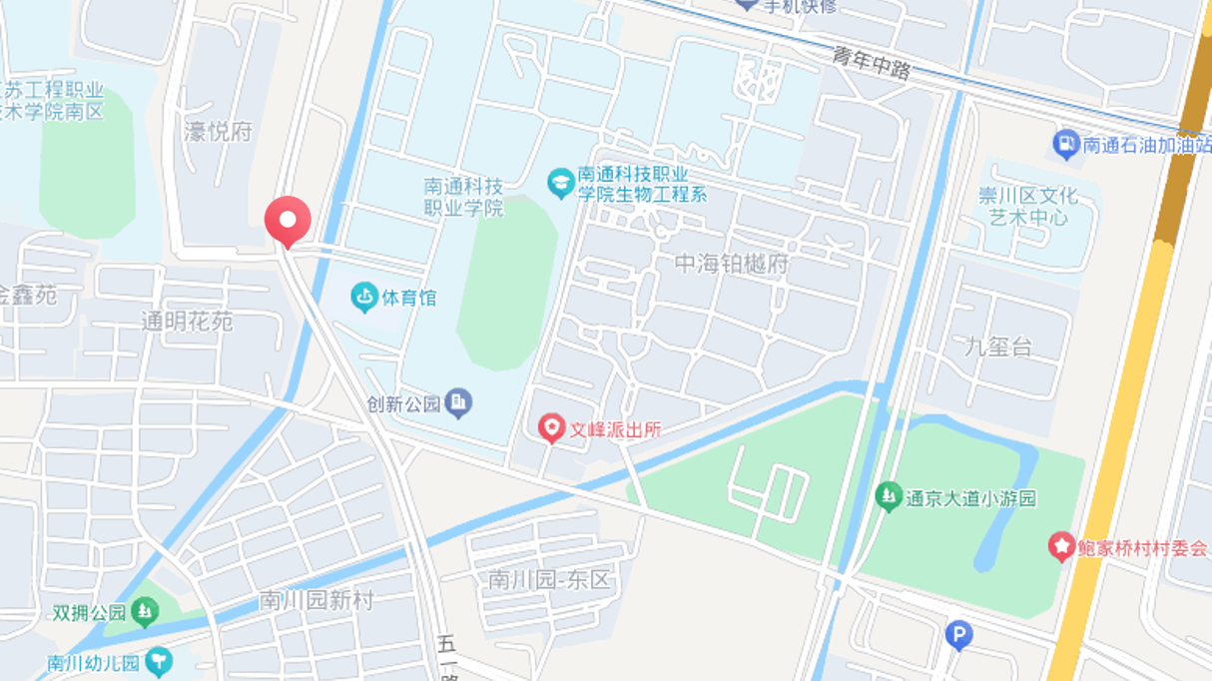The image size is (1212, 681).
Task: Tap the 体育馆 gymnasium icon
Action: [364, 298]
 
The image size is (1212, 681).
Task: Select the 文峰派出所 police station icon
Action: [550, 429]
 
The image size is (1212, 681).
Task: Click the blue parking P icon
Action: [958, 635]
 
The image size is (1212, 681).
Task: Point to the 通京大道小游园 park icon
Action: [889, 496]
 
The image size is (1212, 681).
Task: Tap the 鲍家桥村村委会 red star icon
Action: [1060, 547]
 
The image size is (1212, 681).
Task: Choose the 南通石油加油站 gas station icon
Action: [1066, 145]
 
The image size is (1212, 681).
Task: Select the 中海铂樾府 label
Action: [732, 265]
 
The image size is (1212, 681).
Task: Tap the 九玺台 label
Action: [998, 346]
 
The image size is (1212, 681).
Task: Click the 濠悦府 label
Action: [219, 131]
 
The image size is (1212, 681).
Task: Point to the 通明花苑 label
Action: [187, 322]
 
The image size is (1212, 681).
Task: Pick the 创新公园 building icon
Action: [458, 403]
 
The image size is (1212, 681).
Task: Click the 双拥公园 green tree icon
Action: [146, 611]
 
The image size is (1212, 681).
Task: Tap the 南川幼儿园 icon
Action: [158, 661]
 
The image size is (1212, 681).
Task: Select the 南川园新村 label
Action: [315, 600]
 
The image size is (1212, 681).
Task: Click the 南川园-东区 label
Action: [548, 579]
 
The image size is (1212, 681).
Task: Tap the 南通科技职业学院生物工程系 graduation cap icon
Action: [560, 183]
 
